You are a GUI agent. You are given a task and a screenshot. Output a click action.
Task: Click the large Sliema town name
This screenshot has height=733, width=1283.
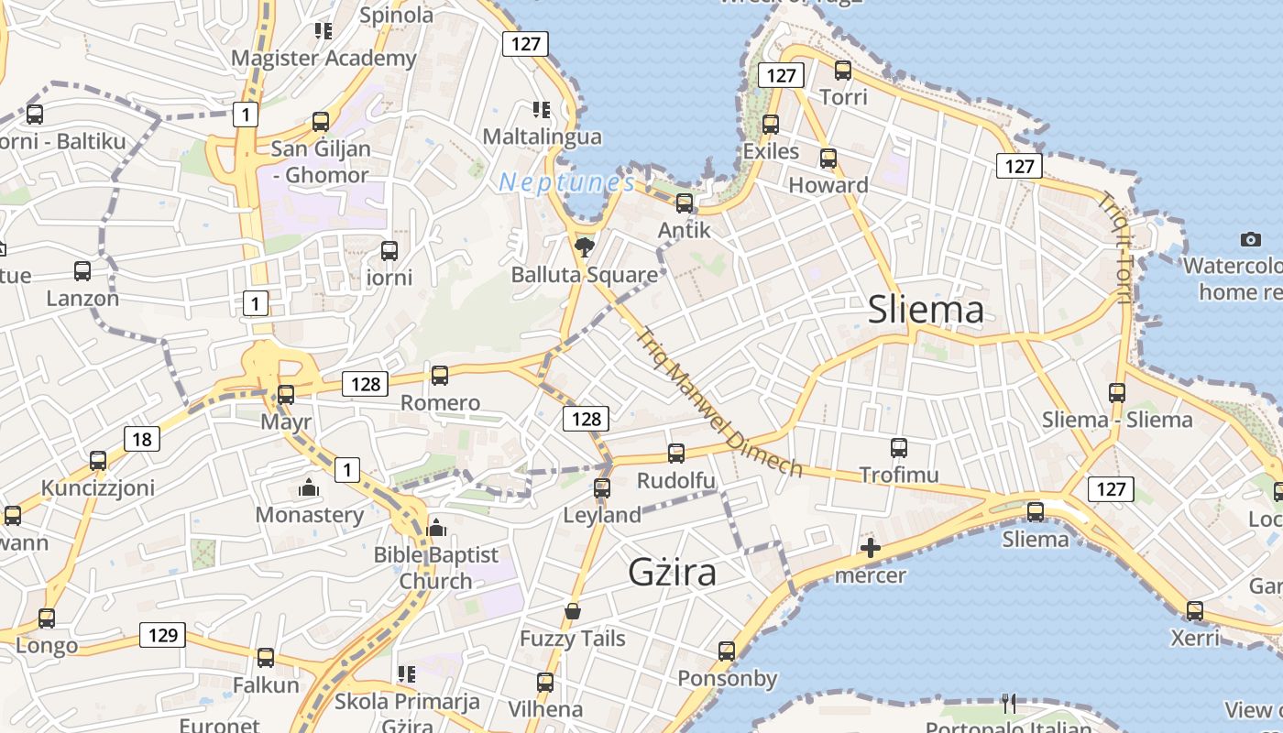click(x=926, y=310)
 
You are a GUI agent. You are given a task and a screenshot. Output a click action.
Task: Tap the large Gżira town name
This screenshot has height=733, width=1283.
click(x=672, y=572)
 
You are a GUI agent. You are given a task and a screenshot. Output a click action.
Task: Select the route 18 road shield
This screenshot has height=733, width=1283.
click(x=142, y=439)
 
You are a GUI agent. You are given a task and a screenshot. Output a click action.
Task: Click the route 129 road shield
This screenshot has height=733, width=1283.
click(x=162, y=635)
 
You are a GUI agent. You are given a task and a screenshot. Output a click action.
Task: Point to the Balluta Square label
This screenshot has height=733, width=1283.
click(x=584, y=274)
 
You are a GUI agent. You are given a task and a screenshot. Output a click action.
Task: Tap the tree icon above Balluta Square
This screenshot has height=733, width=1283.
click(x=583, y=246)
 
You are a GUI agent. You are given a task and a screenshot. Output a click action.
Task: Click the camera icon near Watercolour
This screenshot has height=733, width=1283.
click(x=1250, y=239)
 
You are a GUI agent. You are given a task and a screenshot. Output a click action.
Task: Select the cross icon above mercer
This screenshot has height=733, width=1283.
click(x=870, y=549)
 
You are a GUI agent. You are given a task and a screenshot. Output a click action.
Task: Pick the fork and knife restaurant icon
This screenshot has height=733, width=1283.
click(x=1009, y=703)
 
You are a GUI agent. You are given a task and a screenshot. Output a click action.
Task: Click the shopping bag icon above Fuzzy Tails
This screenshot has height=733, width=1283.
click(x=573, y=610)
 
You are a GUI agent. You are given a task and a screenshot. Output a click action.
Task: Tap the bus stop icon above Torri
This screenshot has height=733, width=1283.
click(x=843, y=70)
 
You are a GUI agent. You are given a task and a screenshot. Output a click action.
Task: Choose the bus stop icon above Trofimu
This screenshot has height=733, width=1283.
click(x=899, y=448)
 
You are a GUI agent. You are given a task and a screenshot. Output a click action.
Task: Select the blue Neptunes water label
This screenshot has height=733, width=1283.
click(x=567, y=182)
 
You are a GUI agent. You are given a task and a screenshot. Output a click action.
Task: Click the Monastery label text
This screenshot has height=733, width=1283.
click(x=309, y=514)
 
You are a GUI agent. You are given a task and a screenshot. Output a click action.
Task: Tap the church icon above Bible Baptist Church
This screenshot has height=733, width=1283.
click(x=436, y=528)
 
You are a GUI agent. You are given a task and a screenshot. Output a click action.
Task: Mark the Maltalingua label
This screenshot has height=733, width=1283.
click(x=542, y=137)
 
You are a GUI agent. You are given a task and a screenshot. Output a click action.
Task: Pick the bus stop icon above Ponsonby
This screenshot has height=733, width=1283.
click(x=727, y=651)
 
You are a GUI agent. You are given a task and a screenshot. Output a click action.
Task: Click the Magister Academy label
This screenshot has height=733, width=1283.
click(x=323, y=58)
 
